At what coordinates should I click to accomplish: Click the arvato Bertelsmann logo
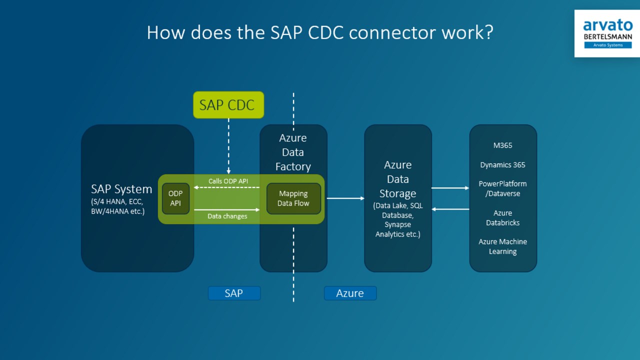[607, 33]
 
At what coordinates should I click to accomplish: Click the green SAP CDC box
[228, 105]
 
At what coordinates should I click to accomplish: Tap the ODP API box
[175, 198]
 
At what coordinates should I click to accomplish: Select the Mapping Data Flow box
[293, 198]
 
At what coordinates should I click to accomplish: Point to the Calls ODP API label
[228, 181]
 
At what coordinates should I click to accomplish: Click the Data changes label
[227, 216]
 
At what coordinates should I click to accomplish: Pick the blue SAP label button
[234, 293]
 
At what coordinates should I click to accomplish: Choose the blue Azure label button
[350, 293]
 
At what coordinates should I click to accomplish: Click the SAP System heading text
[121, 189]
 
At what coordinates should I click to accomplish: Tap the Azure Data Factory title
[293, 152]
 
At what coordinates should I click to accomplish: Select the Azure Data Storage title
[397, 179]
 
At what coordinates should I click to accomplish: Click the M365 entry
[502, 145]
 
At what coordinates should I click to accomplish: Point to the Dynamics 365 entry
[502, 165]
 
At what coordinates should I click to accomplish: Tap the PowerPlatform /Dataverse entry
[502, 188]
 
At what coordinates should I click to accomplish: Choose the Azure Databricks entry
[502, 218]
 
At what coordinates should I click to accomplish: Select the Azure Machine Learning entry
[502, 246]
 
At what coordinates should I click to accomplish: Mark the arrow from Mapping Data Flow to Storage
[345, 198]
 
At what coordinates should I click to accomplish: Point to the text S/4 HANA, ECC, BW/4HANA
[118, 206]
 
